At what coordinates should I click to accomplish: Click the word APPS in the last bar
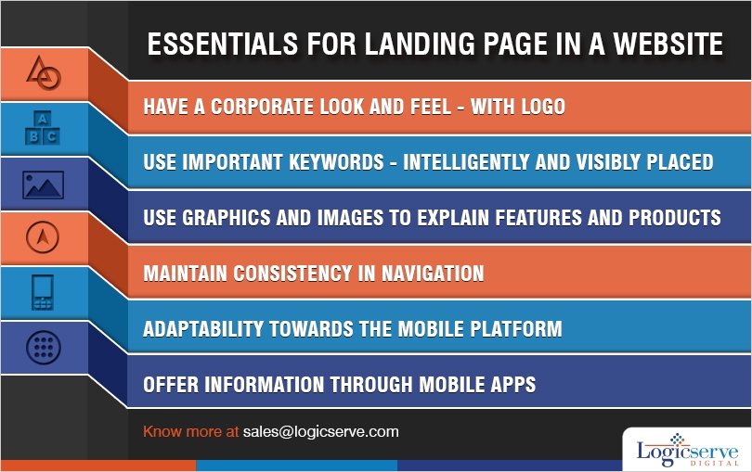coord(511,384)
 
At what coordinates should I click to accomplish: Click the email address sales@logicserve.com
coord(320,432)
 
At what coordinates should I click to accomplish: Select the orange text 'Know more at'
coord(190,432)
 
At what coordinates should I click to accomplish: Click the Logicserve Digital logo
coord(685,448)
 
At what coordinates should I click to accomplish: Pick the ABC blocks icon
coord(42,128)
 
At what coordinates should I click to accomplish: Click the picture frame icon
coord(42,184)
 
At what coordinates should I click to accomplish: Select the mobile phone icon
coord(42,292)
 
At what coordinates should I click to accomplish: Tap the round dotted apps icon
coord(42,348)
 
